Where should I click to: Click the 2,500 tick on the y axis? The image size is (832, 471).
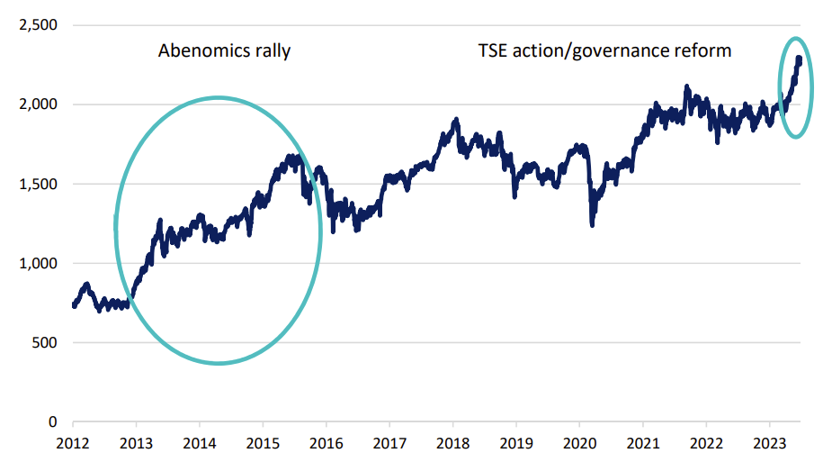pyautogui.click(x=37, y=25)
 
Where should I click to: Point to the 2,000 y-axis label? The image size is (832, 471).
pyautogui.click(x=37, y=104)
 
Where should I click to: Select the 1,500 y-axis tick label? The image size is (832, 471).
pyautogui.click(x=37, y=184)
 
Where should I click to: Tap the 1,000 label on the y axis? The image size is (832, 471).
pyautogui.click(x=37, y=263)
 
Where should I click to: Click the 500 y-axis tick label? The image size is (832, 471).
pyautogui.click(x=44, y=342)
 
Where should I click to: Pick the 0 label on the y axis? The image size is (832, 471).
pyautogui.click(x=52, y=421)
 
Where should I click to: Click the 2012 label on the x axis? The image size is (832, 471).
pyautogui.click(x=73, y=442)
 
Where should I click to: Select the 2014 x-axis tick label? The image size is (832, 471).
pyautogui.click(x=200, y=442)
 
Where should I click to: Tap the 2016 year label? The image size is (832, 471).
pyautogui.click(x=326, y=442)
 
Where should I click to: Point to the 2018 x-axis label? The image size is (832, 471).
pyautogui.click(x=452, y=442)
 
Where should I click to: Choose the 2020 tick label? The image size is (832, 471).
pyautogui.click(x=579, y=442)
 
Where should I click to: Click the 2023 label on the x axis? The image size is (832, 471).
pyautogui.click(x=769, y=442)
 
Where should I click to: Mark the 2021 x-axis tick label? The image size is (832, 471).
pyautogui.click(x=642, y=442)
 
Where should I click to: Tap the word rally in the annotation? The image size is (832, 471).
pyautogui.click(x=272, y=50)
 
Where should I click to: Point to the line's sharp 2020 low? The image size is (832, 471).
pyautogui.click(x=592, y=224)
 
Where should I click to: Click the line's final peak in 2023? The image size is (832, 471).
pyautogui.click(x=799, y=59)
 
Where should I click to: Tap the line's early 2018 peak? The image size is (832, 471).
pyautogui.click(x=456, y=119)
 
